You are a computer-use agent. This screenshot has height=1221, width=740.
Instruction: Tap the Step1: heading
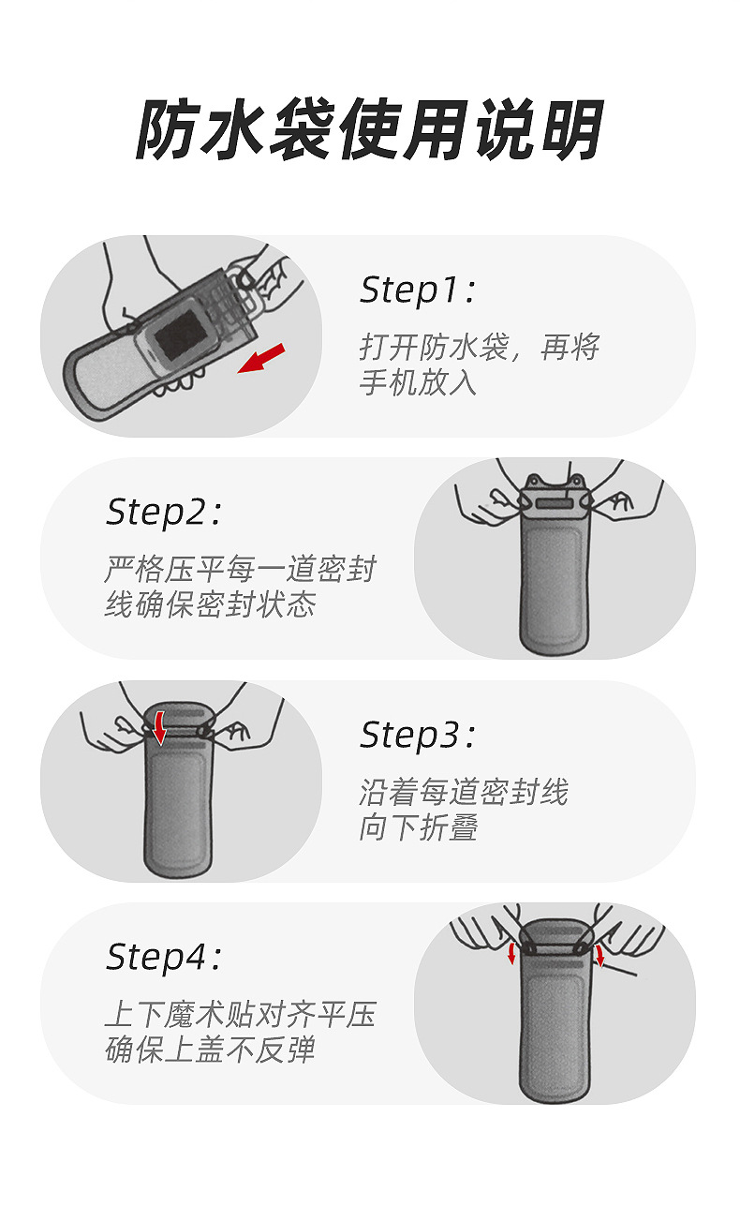[x=418, y=290]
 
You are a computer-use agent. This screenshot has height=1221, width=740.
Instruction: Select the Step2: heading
[x=164, y=513]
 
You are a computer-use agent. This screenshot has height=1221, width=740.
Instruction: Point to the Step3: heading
[x=418, y=736]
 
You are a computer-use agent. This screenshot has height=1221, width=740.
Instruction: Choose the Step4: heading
[x=164, y=958]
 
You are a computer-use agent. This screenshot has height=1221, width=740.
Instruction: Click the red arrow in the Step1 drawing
[x=261, y=358]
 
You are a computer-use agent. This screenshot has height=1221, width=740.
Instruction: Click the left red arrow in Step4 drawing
[x=512, y=953]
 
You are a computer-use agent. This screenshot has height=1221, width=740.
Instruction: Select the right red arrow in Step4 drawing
[x=599, y=955]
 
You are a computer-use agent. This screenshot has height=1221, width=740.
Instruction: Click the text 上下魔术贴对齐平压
[x=240, y=1015]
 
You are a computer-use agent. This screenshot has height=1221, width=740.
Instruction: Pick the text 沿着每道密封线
[x=464, y=793]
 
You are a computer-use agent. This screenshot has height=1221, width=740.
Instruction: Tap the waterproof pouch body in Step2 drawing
[x=555, y=590]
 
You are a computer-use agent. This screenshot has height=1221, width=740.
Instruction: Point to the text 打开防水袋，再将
[x=479, y=348]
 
